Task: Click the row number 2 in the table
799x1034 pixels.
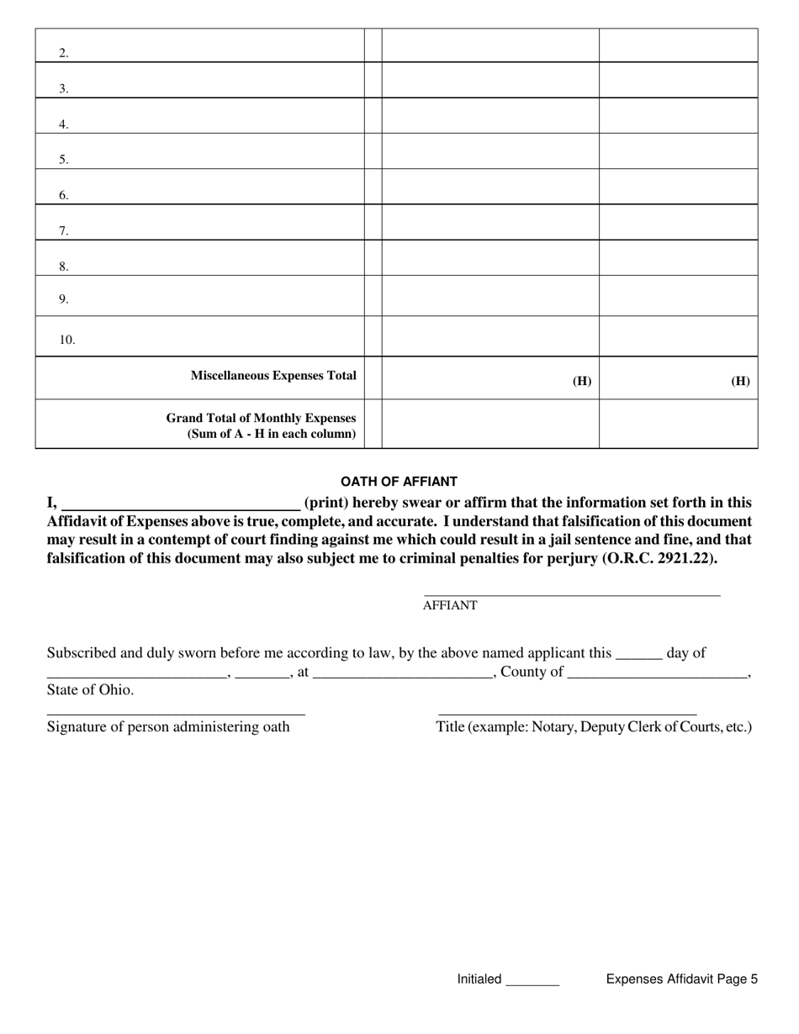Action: [63, 53]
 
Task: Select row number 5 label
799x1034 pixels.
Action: [63, 159]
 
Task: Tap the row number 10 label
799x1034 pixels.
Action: [66, 340]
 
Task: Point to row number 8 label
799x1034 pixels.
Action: [63, 266]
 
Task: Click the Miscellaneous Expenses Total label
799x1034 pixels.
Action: [273, 376]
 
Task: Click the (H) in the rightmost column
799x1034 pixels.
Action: [740, 381]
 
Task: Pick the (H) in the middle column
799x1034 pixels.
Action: [582, 381]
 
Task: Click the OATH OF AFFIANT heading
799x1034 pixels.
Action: [399, 482]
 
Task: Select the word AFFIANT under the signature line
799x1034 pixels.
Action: [450, 605]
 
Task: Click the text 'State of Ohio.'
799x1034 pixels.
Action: [90, 689]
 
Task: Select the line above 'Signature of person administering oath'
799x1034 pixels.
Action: [176, 714]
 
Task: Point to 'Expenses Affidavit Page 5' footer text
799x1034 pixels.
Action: [681, 979]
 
